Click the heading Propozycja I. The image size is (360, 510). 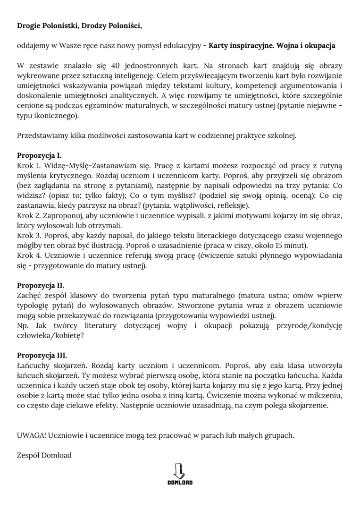(x=39, y=155)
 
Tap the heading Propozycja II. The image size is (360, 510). (x=41, y=285)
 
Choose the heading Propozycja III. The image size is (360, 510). (x=42, y=355)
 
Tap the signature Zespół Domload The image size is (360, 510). (x=44, y=456)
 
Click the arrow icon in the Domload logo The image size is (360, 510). (x=180, y=470)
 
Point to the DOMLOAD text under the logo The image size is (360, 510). (x=180, y=483)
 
